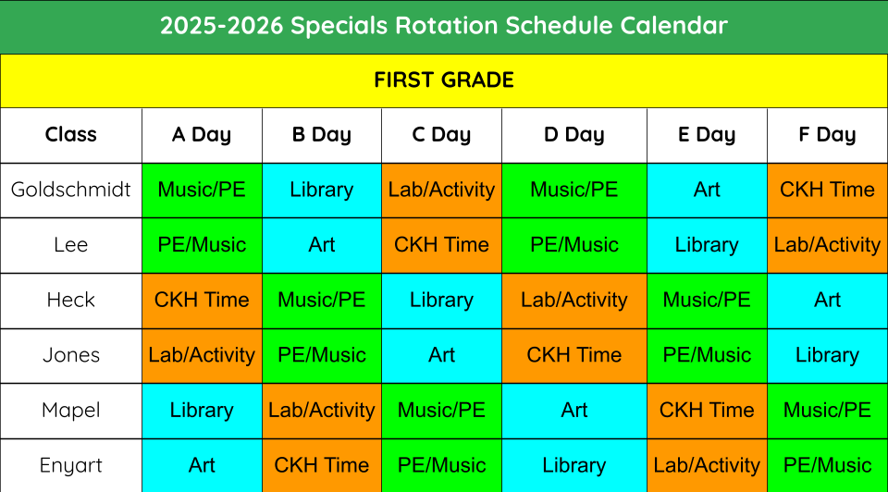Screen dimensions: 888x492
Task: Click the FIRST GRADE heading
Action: (443, 80)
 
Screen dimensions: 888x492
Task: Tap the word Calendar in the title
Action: (673, 26)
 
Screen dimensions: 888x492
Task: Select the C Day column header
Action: (441, 135)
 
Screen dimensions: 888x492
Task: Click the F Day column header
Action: (827, 135)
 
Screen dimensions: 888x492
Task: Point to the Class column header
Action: (71, 135)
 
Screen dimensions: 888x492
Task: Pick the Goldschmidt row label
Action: (71, 189)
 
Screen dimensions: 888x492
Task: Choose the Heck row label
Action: (71, 300)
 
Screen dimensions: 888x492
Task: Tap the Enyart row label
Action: (71, 465)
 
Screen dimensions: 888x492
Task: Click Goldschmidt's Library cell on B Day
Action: (322, 191)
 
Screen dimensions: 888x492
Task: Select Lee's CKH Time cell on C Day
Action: (442, 245)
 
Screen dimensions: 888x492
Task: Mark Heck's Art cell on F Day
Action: (827, 301)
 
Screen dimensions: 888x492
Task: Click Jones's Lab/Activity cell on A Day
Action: (202, 355)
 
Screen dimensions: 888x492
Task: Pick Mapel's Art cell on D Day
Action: (574, 411)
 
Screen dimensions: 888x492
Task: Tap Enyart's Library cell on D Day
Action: (574, 465)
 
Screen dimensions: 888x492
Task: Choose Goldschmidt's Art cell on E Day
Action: (707, 191)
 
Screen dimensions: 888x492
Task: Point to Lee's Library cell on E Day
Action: (707, 245)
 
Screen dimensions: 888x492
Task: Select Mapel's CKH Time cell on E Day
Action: (707, 411)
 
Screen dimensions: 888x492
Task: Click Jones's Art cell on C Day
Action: (442, 355)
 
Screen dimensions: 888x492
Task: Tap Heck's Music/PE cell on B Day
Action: (322, 301)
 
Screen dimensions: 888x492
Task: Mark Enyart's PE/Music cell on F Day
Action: (827, 465)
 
